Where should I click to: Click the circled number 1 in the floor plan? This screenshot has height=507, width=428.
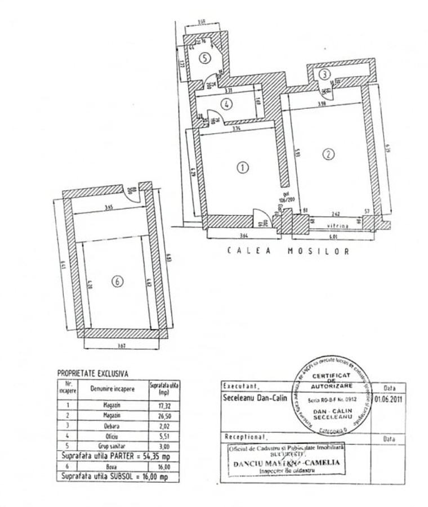243,167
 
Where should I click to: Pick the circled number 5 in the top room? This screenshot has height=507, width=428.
206,57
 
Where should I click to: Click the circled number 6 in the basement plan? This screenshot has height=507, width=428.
117,282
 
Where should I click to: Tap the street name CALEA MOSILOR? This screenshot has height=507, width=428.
288,251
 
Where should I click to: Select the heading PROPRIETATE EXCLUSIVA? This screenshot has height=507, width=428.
92,373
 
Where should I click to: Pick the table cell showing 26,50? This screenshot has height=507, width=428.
164,416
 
